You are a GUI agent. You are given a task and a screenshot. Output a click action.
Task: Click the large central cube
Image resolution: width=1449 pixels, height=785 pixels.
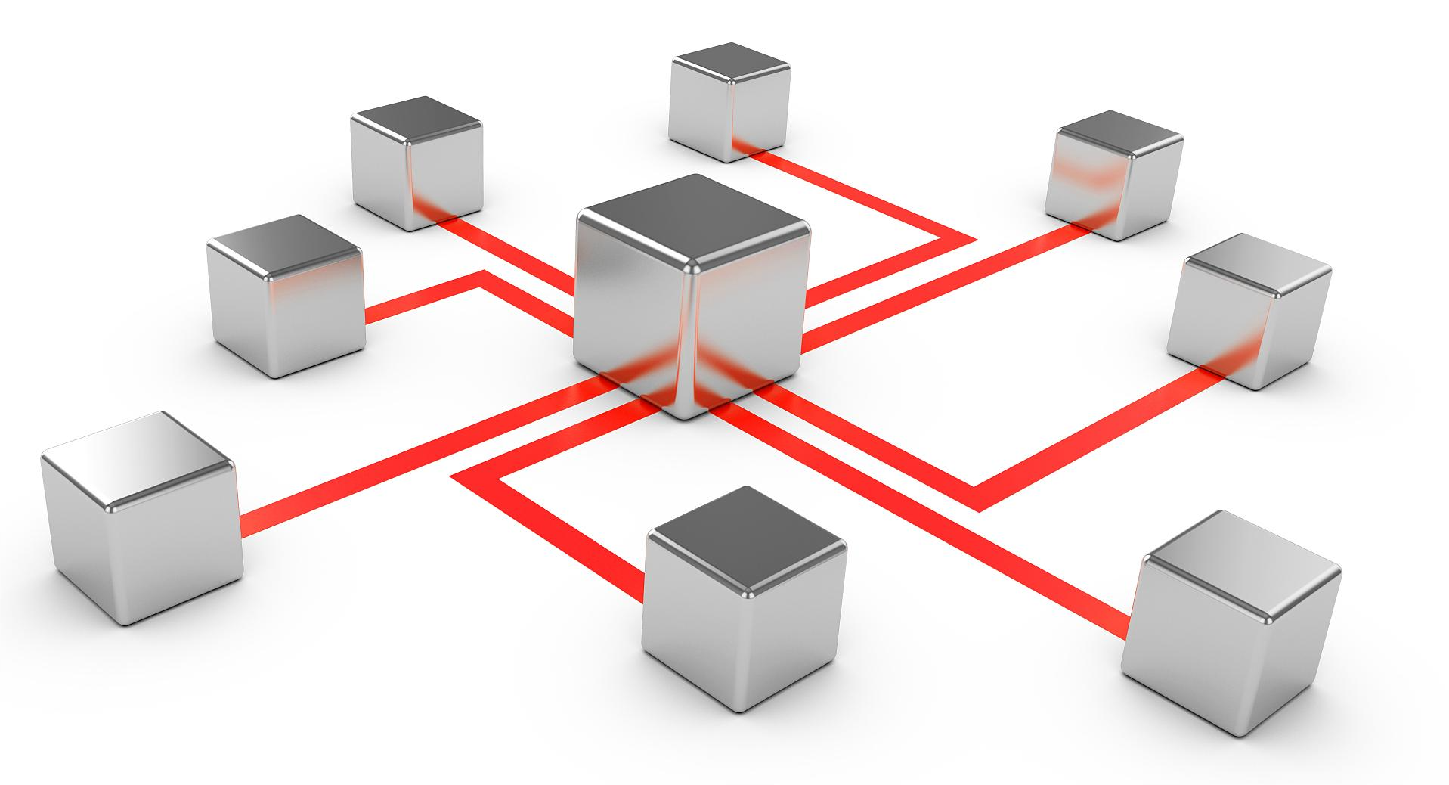(x=689, y=318)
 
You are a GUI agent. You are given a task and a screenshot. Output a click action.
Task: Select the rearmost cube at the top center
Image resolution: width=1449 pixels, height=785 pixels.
(x=729, y=102)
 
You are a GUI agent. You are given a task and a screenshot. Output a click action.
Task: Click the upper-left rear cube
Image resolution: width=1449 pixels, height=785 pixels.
(x=416, y=163)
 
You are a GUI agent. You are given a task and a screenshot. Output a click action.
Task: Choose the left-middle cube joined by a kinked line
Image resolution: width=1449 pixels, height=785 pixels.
(x=285, y=295)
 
